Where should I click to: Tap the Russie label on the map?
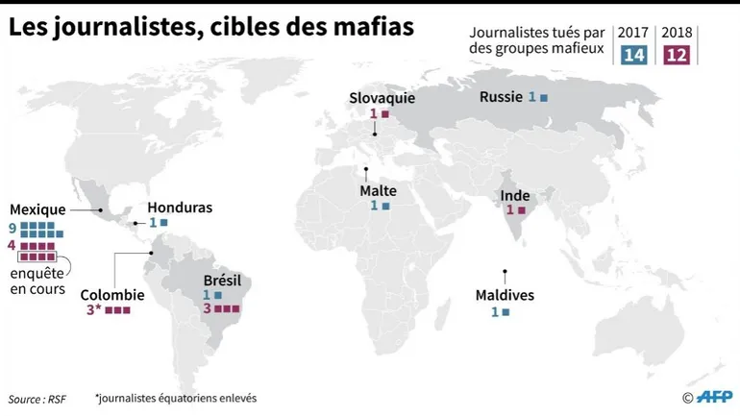pyautogui.click(x=501, y=97)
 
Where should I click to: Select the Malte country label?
pyautogui.click(x=379, y=190)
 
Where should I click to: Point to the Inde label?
pyautogui.click(x=515, y=195)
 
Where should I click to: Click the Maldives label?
pyautogui.click(x=505, y=295)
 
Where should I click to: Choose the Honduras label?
pyautogui.click(x=180, y=208)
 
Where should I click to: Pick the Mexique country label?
pyautogui.click(x=37, y=209)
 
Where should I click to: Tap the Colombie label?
pyautogui.click(x=112, y=295)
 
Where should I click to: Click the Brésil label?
pyautogui.click(x=222, y=281)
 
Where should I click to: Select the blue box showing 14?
pyautogui.click(x=633, y=55)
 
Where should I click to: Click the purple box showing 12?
pyautogui.click(x=677, y=55)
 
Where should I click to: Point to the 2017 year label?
pyautogui.click(x=633, y=33)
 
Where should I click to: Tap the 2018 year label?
pyautogui.click(x=677, y=33)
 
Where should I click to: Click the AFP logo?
pyautogui.click(x=714, y=397)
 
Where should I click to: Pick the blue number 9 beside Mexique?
pyautogui.click(x=12, y=228)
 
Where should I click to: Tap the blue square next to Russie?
pyautogui.click(x=544, y=98)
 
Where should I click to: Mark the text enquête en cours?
pyautogui.click(x=37, y=281)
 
